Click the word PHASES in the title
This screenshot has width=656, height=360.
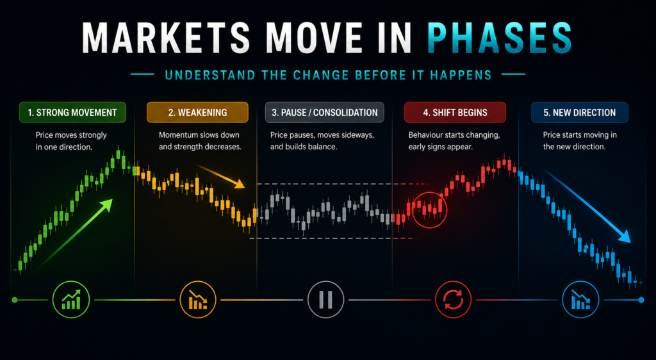point(500,39)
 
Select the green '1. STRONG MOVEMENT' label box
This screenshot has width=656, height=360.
point(72,113)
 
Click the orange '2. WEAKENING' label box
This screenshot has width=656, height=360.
point(197,113)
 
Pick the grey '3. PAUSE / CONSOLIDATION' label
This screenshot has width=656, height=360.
point(325,113)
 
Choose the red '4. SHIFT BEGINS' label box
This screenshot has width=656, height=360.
point(455,113)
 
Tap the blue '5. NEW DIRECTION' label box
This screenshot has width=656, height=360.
point(579,113)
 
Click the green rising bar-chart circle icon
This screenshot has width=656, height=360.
point(71,300)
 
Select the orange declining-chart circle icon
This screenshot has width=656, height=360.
point(198,300)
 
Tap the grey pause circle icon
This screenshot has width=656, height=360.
point(325,300)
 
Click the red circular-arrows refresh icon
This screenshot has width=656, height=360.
point(453,300)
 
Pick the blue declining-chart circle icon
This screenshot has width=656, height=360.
point(580,300)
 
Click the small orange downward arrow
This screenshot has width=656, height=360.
point(221,176)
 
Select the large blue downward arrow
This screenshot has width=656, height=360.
point(588,206)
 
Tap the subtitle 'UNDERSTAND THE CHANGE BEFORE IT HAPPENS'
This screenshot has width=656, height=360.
point(328,75)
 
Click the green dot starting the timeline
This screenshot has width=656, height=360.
point(15,300)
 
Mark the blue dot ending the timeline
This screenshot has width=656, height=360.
point(641,300)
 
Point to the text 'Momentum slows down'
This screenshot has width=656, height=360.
point(199,135)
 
